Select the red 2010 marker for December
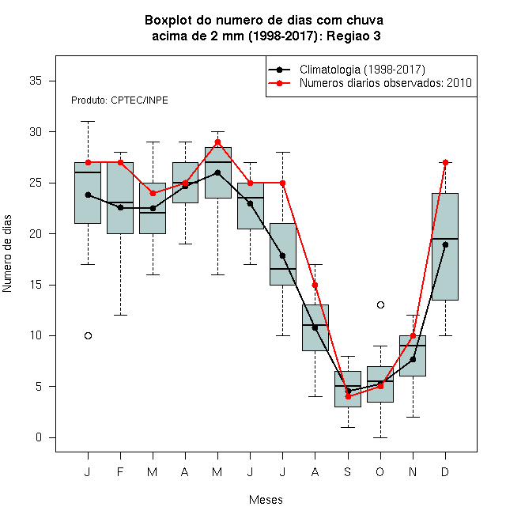[445, 162]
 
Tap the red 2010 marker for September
[348, 396]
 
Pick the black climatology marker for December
[445, 244]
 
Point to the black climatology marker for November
[413, 359]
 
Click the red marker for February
[120, 162]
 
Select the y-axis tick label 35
[36, 81]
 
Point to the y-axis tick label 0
[39, 437]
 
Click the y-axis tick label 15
[36, 285]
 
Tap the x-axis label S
[348, 471]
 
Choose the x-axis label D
[445, 471]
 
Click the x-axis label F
[120, 471]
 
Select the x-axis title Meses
[266, 500]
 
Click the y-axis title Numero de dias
[7, 254]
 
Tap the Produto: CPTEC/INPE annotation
[119, 100]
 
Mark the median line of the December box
[445, 239]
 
